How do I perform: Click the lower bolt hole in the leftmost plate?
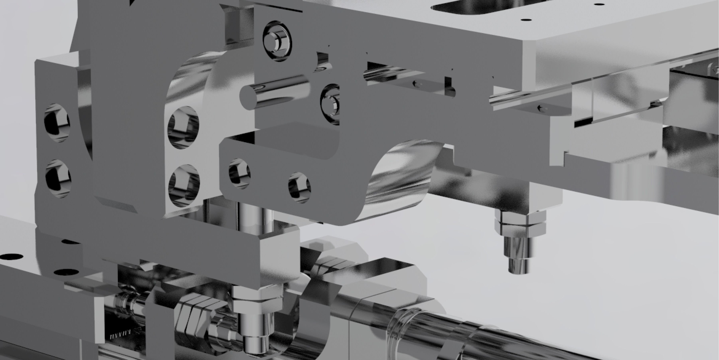tap(58, 179)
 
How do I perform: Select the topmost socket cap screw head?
tap(277, 41)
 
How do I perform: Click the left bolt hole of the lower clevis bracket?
tap(239, 173)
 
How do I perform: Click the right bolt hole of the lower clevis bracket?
tap(299, 187)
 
